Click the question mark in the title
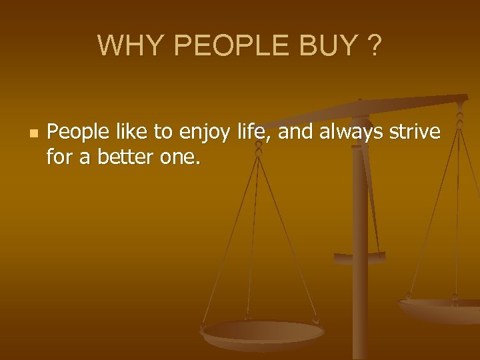[375, 45]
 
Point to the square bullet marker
[31, 134]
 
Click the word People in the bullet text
[75, 133]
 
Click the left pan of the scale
[263, 332]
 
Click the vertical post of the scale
[360, 267]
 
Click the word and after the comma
[295, 133]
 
